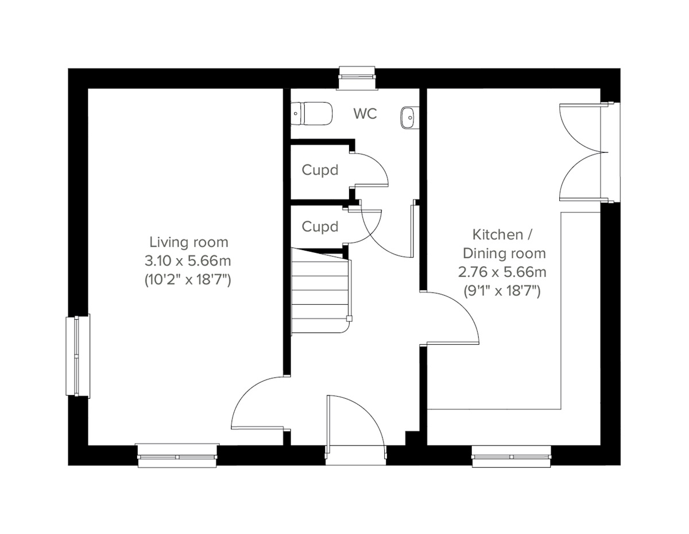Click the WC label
pyautogui.click(x=365, y=114)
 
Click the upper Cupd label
pyautogui.click(x=320, y=170)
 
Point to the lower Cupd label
pyautogui.click(x=320, y=226)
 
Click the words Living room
pyautogui.click(x=189, y=242)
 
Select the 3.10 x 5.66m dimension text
pyautogui.click(x=188, y=261)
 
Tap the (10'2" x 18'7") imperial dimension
pyautogui.click(x=188, y=280)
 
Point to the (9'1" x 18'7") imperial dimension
pyautogui.click(x=502, y=291)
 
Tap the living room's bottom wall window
pyautogui.click(x=178, y=455)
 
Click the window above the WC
pyautogui.click(x=357, y=78)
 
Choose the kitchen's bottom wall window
pyautogui.click(x=512, y=456)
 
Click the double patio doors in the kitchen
pyautogui.click(x=583, y=152)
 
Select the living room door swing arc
pyautogui.click(x=258, y=402)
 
